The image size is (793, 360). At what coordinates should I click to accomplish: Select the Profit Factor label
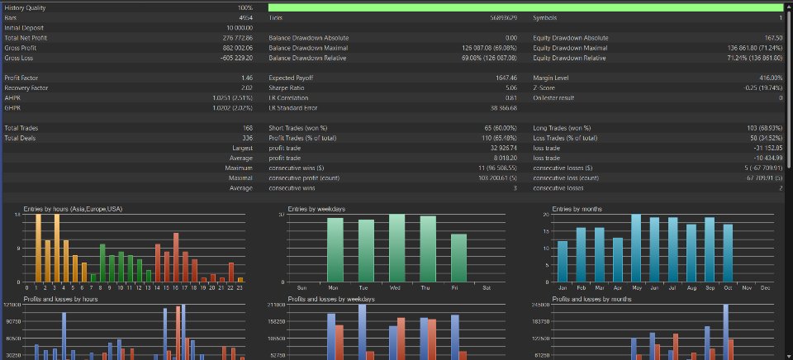tap(22, 78)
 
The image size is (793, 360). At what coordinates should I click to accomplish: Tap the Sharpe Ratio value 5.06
tap(510, 88)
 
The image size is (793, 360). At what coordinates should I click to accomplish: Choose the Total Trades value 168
tap(246, 128)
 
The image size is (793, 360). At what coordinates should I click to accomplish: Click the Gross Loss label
tap(19, 58)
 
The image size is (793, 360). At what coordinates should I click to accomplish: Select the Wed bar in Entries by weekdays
tap(396, 248)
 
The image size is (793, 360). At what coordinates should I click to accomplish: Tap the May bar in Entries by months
tap(636, 248)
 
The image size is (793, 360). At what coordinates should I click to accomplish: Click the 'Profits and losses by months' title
tap(591, 299)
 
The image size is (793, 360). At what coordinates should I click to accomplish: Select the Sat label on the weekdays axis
tap(486, 287)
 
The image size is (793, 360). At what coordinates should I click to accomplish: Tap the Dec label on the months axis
tap(765, 287)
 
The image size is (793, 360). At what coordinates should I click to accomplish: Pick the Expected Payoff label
tap(291, 78)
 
